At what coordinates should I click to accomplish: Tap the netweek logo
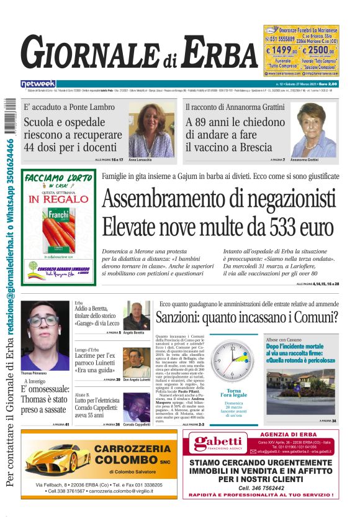pos(38,84)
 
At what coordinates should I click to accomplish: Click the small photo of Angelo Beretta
pos(136,316)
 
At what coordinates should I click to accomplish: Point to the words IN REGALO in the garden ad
pos(51,200)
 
